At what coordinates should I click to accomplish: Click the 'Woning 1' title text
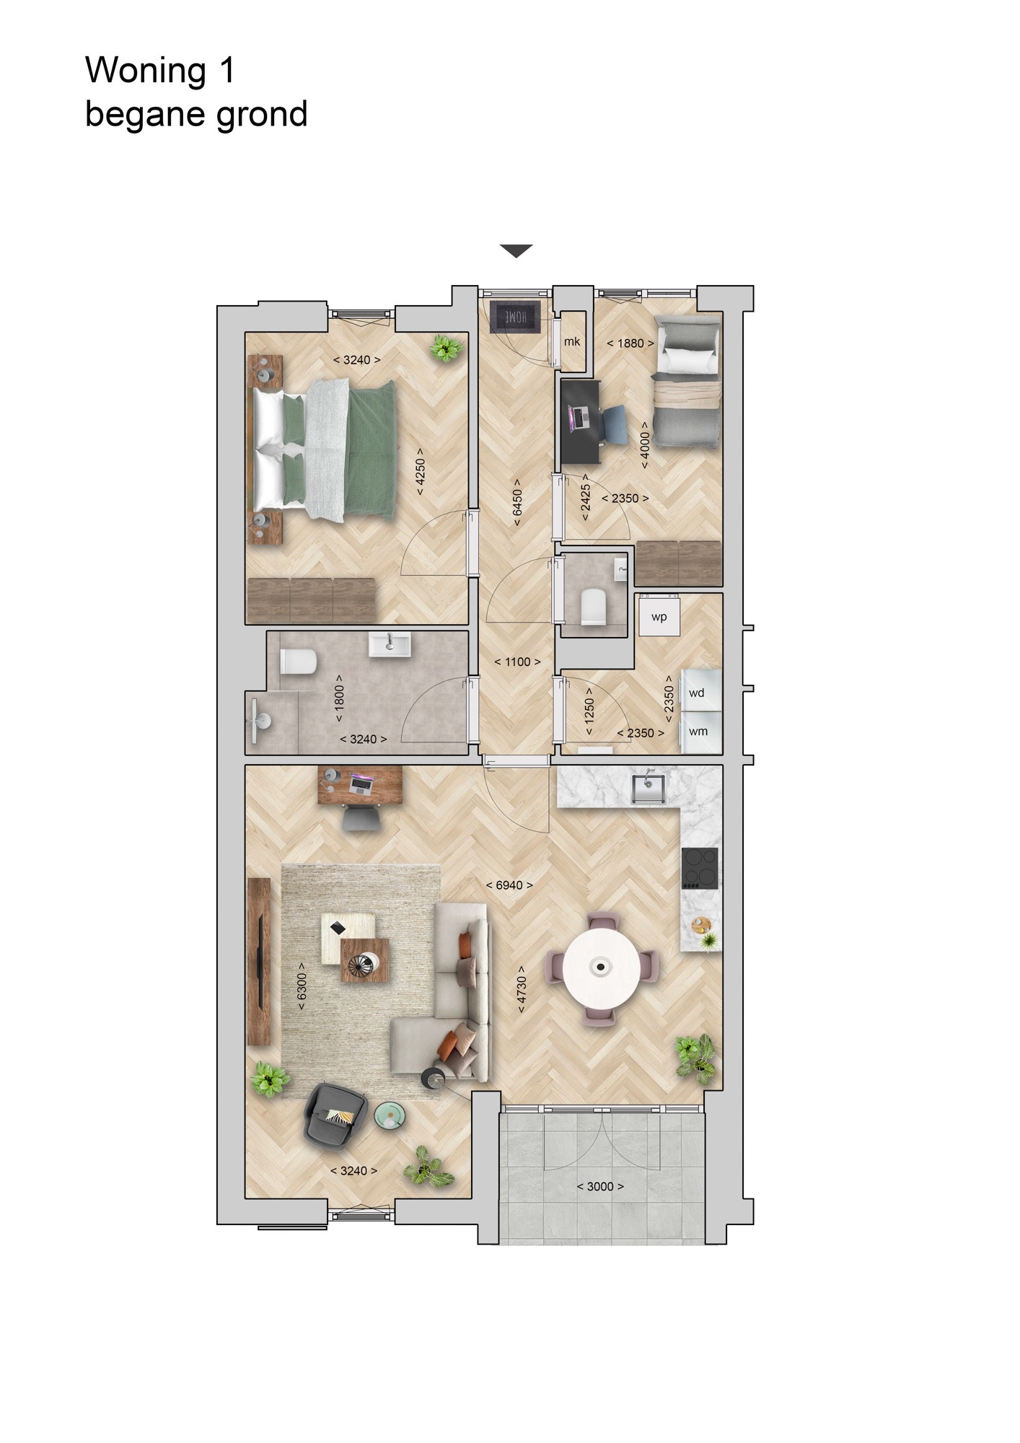click(160, 71)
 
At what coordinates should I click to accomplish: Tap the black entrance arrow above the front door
click(516, 251)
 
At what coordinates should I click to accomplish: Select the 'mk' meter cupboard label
click(572, 341)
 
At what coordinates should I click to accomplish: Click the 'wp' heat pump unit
click(659, 617)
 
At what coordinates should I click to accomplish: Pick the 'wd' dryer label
click(697, 693)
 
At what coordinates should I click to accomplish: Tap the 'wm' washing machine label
click(698, 732)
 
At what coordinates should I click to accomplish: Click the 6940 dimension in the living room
click(509, 885)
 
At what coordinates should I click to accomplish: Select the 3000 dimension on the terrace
click(600, 1186)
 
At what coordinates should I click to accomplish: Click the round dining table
click(599, 966)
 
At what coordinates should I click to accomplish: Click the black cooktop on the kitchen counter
click(700, 867)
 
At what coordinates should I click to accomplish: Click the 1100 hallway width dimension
click(517, 662)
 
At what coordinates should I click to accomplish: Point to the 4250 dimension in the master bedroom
click(420, 471)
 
